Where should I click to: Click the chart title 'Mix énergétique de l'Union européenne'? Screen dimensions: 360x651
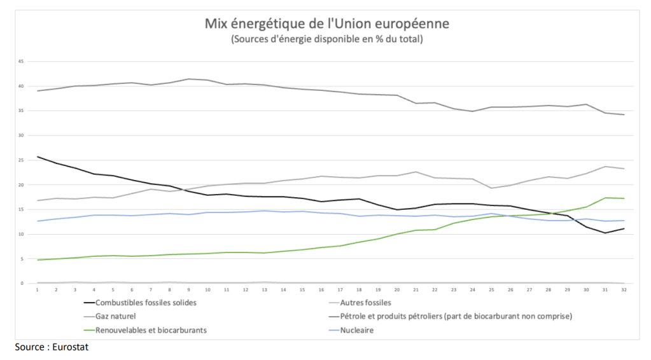326,24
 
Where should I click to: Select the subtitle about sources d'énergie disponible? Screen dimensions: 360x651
326,39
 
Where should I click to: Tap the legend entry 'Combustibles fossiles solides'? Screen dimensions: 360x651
145,303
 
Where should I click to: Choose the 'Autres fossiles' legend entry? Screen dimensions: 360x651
365,303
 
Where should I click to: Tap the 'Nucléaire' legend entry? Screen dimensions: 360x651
357,330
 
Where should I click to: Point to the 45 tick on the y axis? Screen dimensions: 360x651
20,62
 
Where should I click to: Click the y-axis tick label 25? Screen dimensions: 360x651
20,160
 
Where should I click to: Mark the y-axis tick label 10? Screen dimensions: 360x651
20,234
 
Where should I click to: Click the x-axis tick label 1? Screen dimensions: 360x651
38,290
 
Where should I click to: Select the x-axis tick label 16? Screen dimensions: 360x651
321,290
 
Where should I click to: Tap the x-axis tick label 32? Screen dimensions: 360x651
624,290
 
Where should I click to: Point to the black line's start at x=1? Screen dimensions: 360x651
38,156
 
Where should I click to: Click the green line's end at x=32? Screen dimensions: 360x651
624,198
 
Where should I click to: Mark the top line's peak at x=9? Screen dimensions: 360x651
189,79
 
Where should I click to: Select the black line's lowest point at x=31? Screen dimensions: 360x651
605,233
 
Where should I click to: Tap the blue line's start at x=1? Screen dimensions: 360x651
38,221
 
